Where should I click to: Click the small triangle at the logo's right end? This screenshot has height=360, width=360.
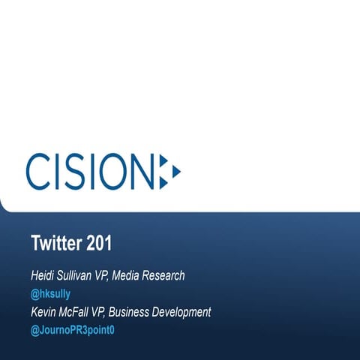[176, 171]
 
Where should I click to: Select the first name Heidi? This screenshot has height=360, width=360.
[43, 276]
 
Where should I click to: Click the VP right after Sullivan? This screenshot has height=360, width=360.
[112, 276]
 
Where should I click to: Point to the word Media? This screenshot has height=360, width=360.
[139, 276]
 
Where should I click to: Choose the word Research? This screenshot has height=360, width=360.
[171, 276]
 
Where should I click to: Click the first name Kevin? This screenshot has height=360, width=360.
[43, 311]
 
